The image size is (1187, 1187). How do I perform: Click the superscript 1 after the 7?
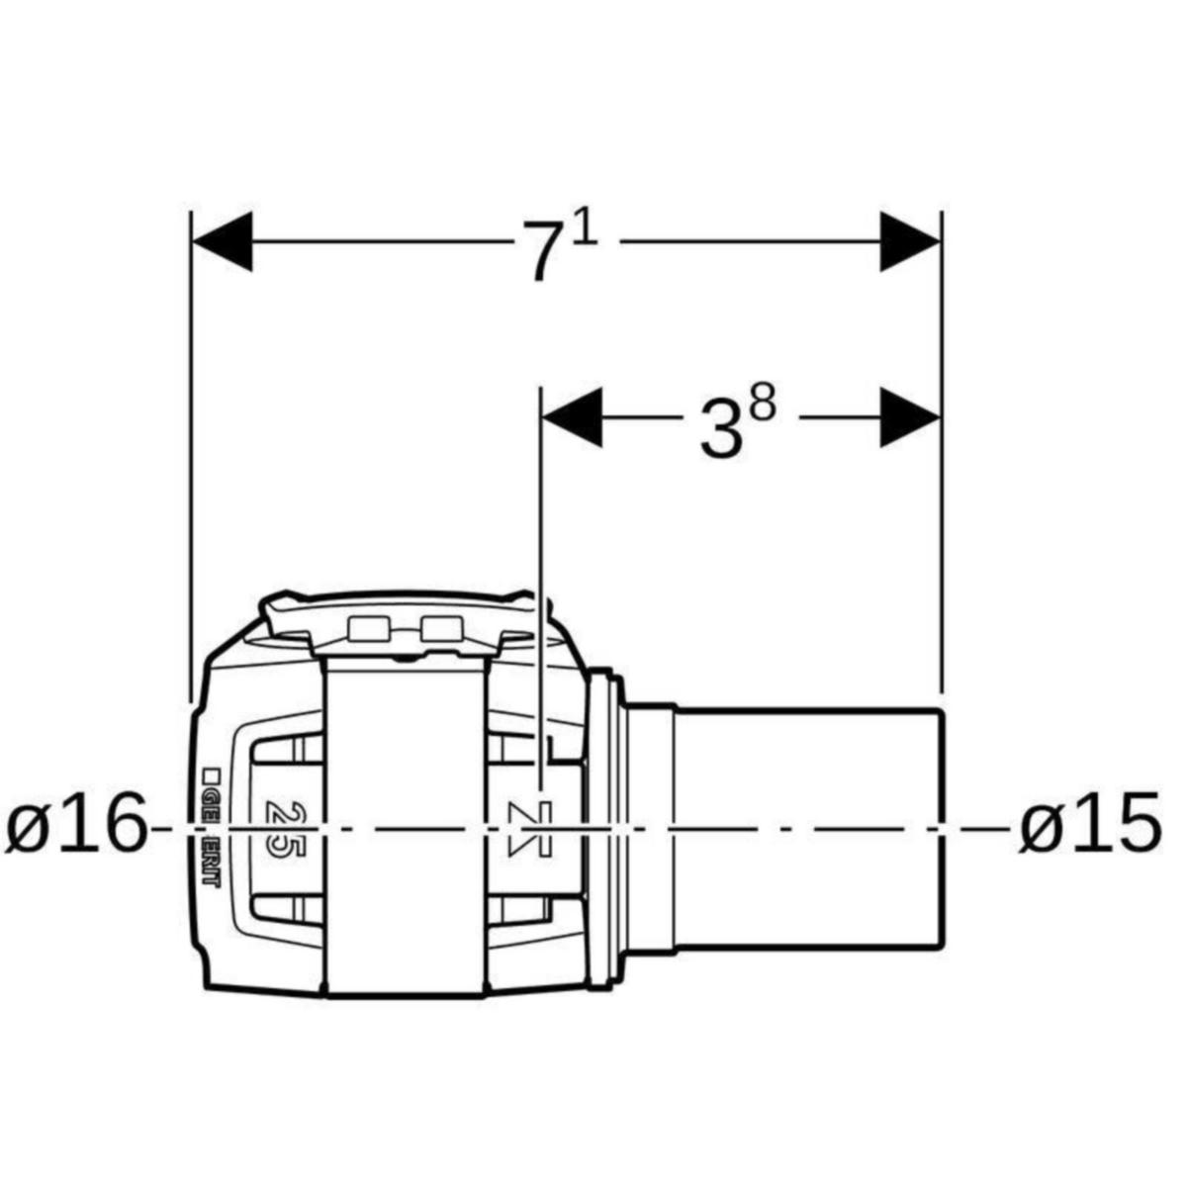pos(586,230)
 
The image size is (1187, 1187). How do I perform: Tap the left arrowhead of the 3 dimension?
pos(573,416)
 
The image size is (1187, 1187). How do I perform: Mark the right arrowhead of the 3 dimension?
pos(909,416)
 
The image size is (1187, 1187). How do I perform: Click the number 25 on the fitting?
pos(281,826)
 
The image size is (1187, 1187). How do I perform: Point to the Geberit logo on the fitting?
pos(211,826)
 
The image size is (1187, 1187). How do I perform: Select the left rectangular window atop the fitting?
pos(368,628)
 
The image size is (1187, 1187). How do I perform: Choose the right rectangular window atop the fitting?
pos(441,628)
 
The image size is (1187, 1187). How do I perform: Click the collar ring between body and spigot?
pos(604,826)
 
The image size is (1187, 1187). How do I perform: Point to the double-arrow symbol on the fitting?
pos(530,827)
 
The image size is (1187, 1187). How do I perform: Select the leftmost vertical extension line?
pos(189,445)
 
